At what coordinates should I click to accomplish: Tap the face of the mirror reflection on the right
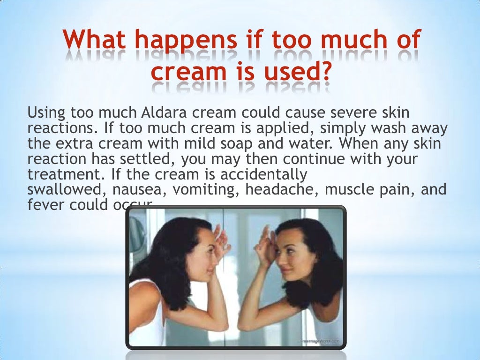coord(293,253)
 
